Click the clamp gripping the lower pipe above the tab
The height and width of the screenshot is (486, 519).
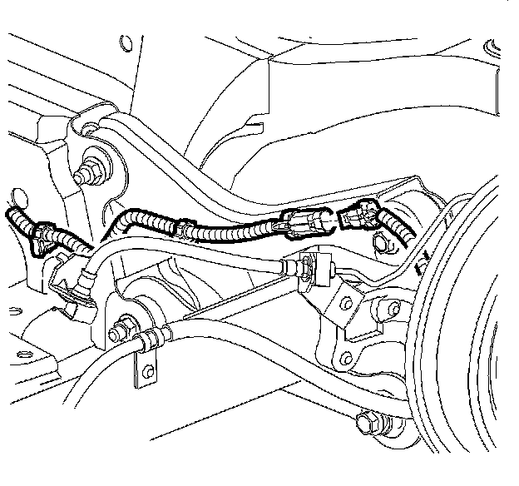[x=151, y=341]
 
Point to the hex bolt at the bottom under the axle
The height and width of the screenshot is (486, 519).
[x=365, y=424]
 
